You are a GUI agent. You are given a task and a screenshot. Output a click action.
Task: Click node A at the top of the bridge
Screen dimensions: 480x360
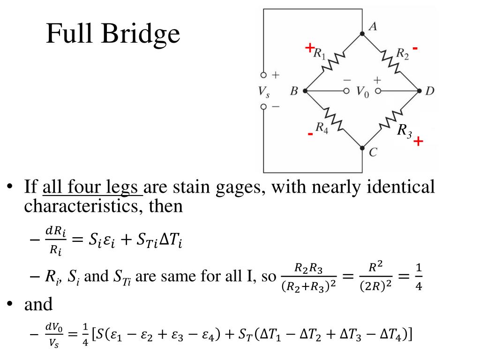(362, 33)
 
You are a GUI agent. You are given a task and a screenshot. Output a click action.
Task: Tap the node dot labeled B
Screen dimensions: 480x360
(305, 91)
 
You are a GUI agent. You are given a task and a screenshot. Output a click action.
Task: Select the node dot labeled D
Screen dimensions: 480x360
(419, 91)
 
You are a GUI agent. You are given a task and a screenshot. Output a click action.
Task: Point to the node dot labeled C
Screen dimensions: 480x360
(362, 148)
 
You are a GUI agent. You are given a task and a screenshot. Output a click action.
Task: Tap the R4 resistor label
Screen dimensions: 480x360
(322, 127)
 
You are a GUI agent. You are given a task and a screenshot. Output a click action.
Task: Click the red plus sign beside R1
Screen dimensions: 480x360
(309, 47)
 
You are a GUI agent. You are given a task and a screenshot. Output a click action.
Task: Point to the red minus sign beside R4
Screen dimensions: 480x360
(310, 135)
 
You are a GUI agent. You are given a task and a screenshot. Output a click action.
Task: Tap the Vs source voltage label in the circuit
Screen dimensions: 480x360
(263, 92)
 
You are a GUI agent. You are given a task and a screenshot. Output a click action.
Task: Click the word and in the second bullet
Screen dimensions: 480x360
(38, 304)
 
